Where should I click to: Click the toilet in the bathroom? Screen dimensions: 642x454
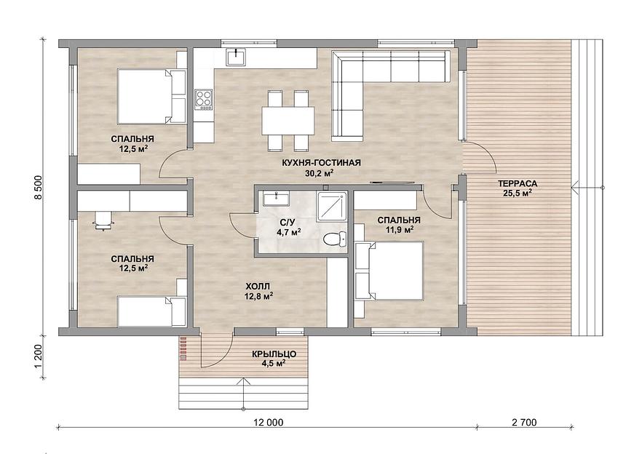click(335, 239)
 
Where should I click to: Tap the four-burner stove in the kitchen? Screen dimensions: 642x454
click(204, 99)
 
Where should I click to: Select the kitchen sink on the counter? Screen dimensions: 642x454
click(237, 57)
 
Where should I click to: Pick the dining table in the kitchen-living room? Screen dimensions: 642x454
click(288, 120)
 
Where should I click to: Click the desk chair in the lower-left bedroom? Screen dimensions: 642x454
click(103, 221)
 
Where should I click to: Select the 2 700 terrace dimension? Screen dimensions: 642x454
click(523, 423)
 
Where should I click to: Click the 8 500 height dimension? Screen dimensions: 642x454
click(39, 188)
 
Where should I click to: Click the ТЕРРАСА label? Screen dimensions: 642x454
click(518, 183)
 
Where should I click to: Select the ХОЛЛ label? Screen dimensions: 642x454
click(258, 286)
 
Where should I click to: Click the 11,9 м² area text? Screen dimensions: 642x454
click(399, 230)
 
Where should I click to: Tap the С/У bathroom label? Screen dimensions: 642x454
click(287, 223)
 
